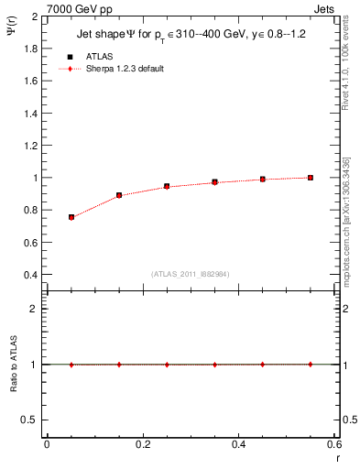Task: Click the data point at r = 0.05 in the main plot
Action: click(71, 217)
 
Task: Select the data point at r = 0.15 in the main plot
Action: click(119, 195)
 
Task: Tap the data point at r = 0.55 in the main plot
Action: click(311, 178)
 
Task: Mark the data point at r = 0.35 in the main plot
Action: click(214, 182)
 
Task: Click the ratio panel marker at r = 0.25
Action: click(167, 364)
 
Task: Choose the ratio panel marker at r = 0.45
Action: click(263, 364)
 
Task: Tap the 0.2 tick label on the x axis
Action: click(142, 444)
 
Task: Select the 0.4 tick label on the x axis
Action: click(238, 444)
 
